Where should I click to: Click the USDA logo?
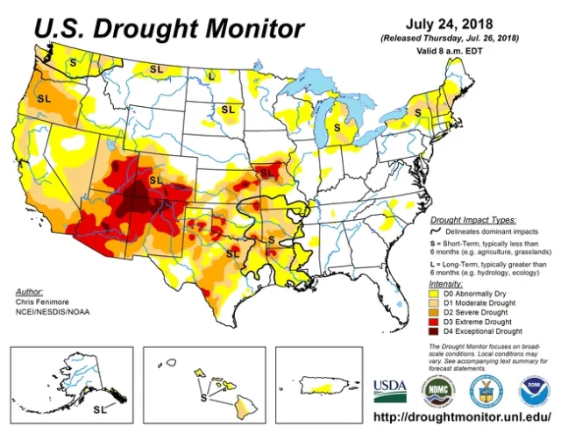tap(392, 387)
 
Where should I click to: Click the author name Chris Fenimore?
tap(41, 302)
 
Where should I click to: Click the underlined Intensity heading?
tap(446, 284)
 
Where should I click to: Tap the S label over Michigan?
tap(337, 126)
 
